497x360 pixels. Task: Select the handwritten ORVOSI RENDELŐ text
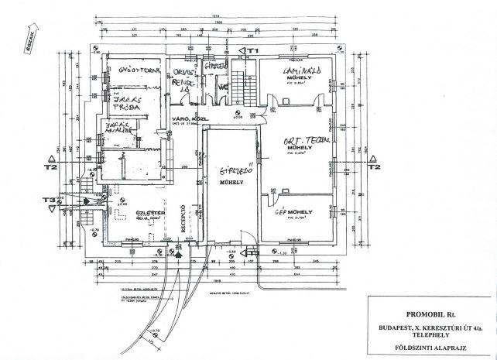click(181, 78)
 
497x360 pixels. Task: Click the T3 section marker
click(49, 200)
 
